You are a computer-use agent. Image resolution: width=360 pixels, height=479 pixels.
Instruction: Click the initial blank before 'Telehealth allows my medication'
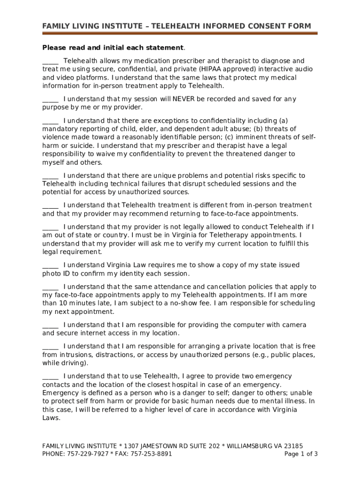pos(50,61)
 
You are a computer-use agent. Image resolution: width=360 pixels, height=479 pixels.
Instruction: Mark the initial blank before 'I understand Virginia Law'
pos(50,265)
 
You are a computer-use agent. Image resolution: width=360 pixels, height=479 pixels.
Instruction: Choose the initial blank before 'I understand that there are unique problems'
pos(50,176)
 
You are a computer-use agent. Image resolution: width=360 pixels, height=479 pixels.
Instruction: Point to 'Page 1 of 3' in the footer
pos(301,454)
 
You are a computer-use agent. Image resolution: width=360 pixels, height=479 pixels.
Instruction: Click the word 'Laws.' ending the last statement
pos(51,419)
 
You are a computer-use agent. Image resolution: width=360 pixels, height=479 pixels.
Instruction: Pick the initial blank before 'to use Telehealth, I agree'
pos(50,377)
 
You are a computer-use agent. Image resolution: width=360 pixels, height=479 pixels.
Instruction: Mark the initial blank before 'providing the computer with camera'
pos(50,325)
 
